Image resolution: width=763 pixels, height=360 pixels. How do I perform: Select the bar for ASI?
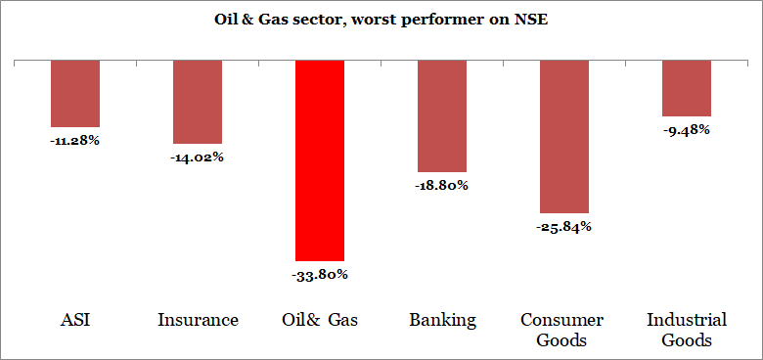[x=75, y=93]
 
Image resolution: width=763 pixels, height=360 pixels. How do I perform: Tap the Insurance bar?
[x=198, y=102]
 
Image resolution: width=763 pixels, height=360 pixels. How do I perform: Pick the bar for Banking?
[x=442, y=115]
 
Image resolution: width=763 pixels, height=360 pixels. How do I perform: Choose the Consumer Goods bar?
[x=564, y=136]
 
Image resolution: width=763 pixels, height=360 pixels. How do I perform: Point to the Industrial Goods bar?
[x=687, y=88]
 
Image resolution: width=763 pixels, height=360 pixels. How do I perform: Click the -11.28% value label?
[x=75, y=140]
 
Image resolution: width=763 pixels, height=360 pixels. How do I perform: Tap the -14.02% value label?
[x=198, y=157]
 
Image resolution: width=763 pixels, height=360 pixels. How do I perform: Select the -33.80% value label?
[x=320, y=274]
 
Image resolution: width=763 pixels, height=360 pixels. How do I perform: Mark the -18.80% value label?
[x=442, y=185]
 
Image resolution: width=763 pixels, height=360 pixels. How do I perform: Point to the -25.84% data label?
[x=564, y=226]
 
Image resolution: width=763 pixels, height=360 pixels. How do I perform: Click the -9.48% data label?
[x=687, y=129]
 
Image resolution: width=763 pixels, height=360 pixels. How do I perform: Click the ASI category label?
[x=75, y=320]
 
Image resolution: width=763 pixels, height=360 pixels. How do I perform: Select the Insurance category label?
[x=198, y=320]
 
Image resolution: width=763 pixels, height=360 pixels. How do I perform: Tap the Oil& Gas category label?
[x=320, y=320]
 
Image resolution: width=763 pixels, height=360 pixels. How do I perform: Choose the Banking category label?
[x=442, y=320]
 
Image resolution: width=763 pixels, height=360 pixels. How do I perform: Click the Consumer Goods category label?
[x=564, y=330]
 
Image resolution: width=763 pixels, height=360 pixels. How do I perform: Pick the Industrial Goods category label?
[x=687, y=330]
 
